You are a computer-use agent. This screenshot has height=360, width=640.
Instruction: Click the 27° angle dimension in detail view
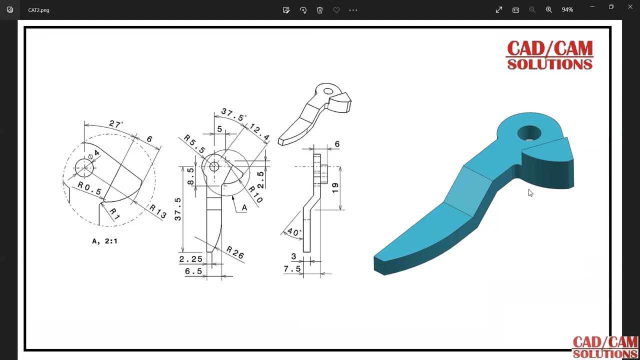(x=116, y=124)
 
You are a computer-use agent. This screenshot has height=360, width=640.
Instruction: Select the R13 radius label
(x=158, y=212)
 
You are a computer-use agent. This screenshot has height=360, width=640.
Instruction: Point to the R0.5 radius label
(x=89, y=188)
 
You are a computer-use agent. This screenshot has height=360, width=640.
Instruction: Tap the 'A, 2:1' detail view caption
(x=104, y=241)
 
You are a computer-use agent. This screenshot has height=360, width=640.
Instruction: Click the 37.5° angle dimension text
(x=233, y=114)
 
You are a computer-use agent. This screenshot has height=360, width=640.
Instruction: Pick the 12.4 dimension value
(x=259, y=132)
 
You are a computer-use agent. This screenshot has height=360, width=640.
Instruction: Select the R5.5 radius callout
(x=194, y=144)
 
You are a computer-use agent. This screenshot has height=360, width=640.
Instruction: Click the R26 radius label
(x=235, y=253)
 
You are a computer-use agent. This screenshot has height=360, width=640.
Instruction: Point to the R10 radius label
(x=255, y=194)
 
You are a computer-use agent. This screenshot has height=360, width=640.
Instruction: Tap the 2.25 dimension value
(x=191, y=259)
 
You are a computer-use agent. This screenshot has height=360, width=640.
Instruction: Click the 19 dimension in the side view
(x=335, y=188)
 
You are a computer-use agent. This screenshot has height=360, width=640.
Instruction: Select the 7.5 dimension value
(x=292, y=269)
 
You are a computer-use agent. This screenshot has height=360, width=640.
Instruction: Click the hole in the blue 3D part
(x=529, y=133)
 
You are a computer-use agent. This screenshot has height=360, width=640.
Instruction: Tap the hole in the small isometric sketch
(x=328, y=91)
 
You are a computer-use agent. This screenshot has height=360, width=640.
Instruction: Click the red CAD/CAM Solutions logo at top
(x=549, y=55)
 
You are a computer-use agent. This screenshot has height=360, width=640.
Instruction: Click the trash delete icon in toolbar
(x=319, y=10)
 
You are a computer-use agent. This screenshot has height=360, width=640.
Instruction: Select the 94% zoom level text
(x=567, y=10)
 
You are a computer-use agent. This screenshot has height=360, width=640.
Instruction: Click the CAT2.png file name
(x=38, y=10)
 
